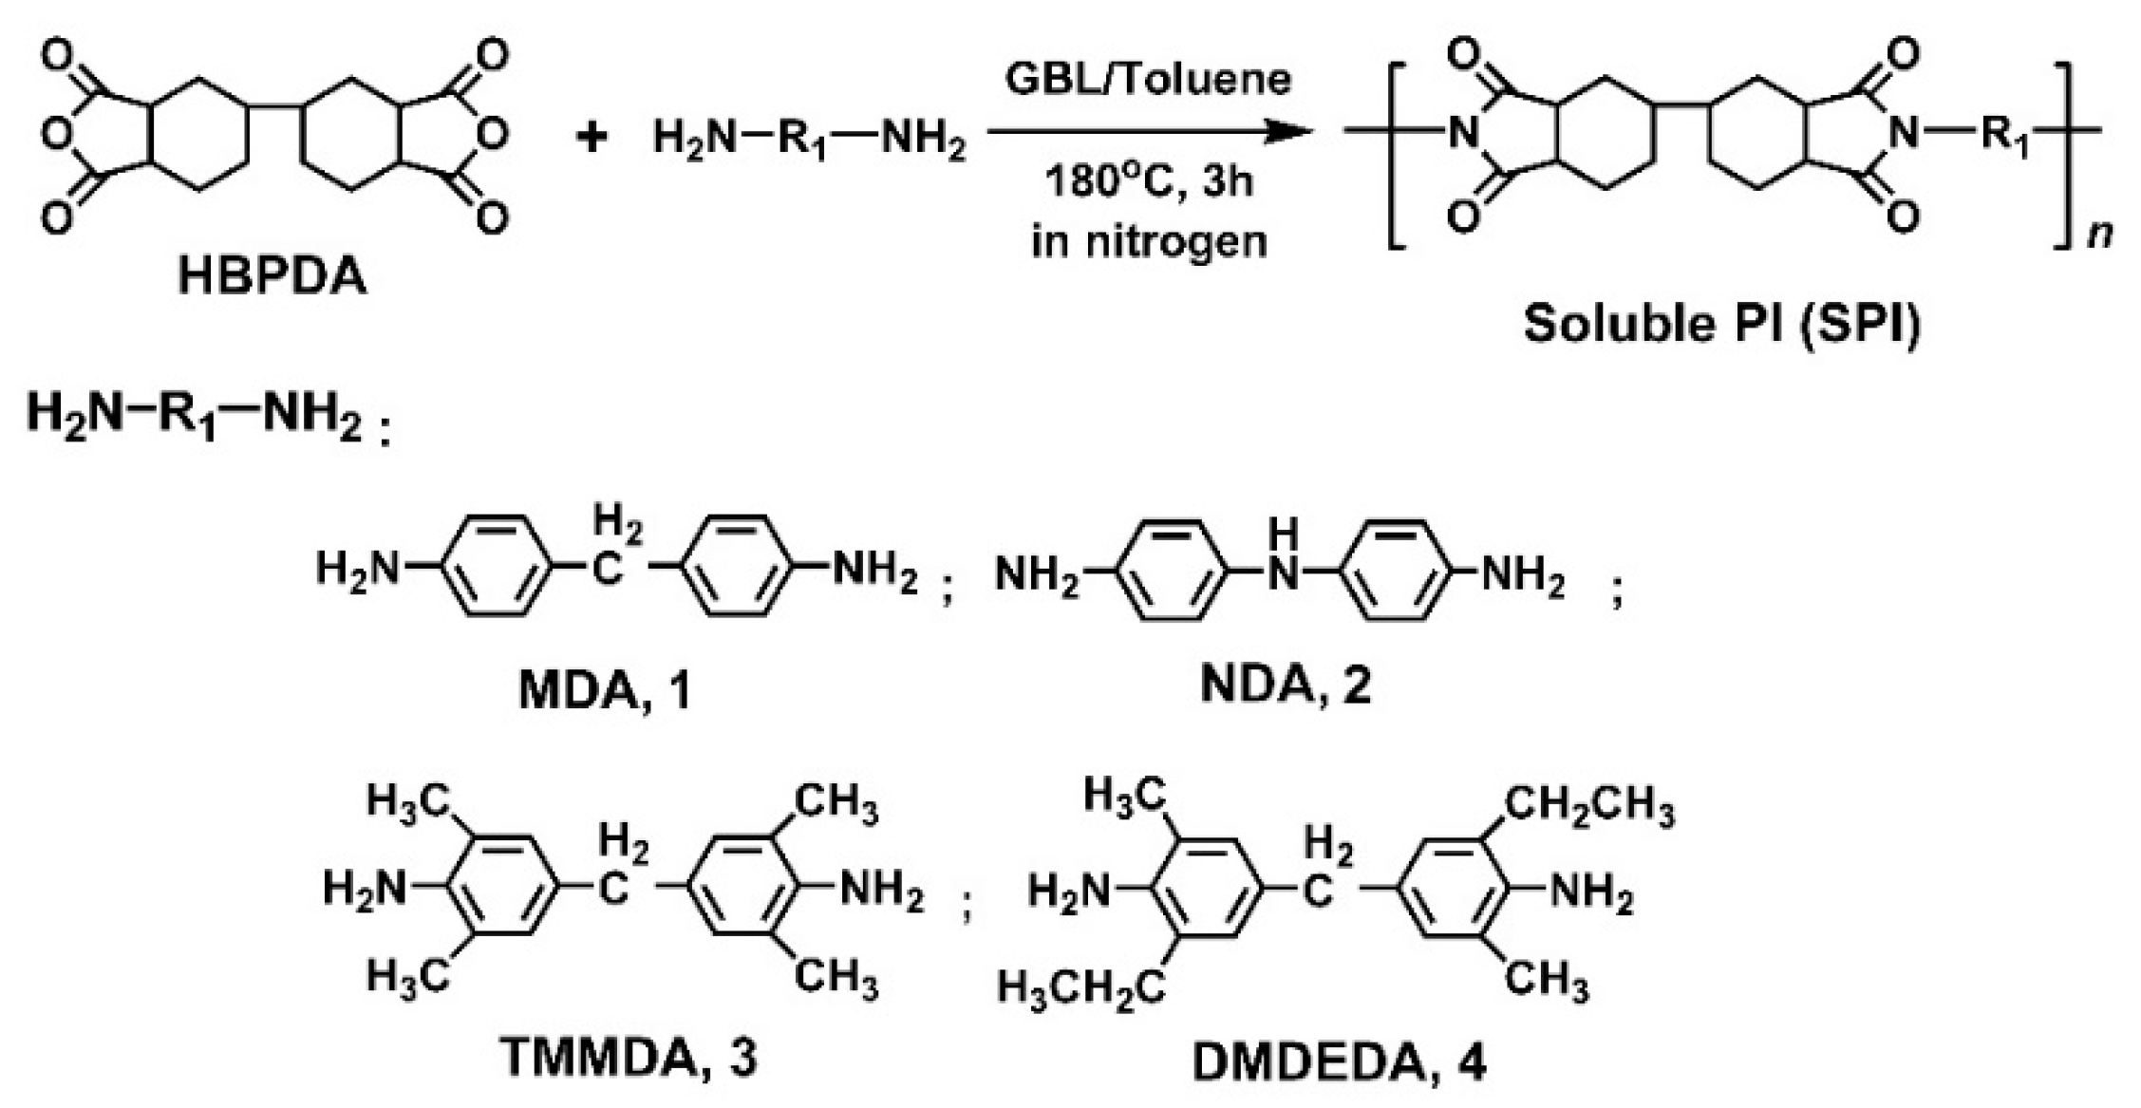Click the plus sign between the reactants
pyautogui.click(x=592, y=138)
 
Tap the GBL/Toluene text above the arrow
pyautogui.click(x=1149, y=79)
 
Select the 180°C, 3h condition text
pyautogui.click(x=1149, y=180)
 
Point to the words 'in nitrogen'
pyautogui.click(x=1149, y=241)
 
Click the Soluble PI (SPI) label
pyautogui.click(x=1722, y=323)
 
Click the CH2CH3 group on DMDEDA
pyautogui.click(x=1589, y=810)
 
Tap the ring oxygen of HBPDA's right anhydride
pyautogui.click(x=492, y=138)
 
